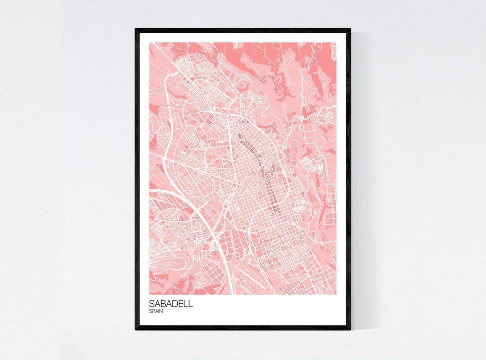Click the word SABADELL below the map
pos(171,304)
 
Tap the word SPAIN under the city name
pos(156,311)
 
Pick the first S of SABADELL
pos(152,304)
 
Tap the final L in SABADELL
pos(191,304)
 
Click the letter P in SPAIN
pos(153,311)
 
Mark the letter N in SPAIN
pos(161,311)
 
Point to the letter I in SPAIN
pos(159,311)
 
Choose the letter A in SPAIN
pos(157,311)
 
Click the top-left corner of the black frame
pos(136,29)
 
